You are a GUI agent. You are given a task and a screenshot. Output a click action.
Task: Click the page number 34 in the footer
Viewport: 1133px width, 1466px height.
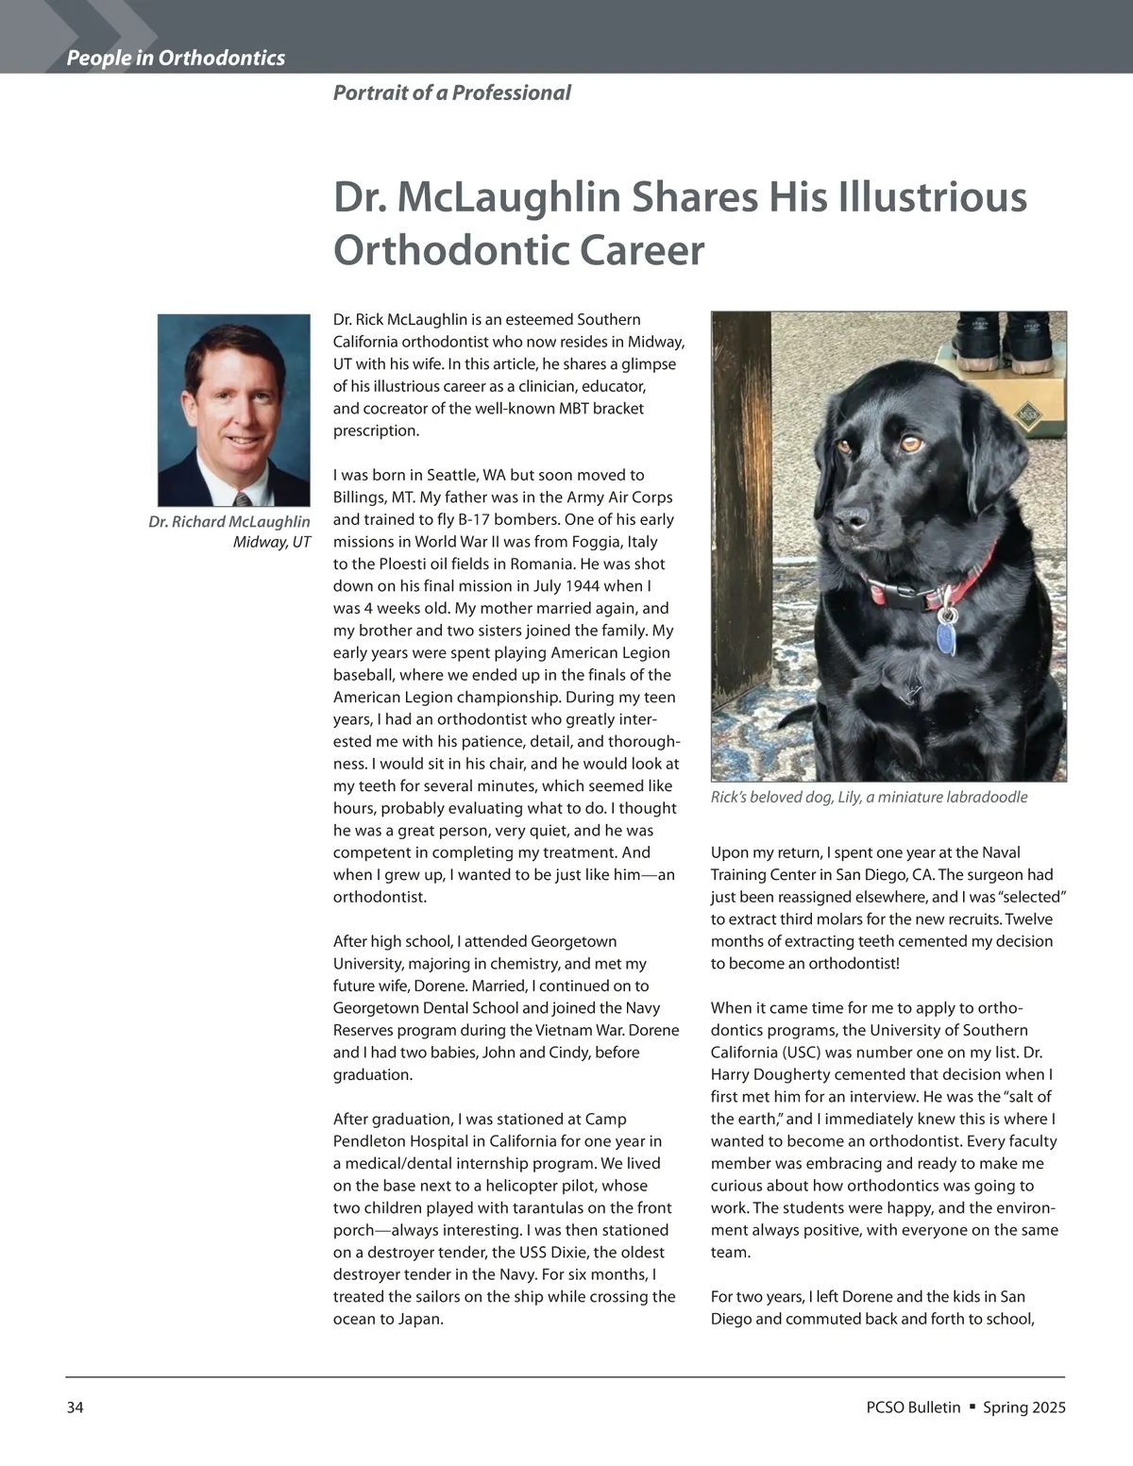(76, 1407)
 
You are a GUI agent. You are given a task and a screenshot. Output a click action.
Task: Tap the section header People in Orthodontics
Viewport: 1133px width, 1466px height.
(176, 59)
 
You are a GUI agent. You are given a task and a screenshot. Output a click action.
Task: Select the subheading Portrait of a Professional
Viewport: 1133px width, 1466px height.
(451, 93)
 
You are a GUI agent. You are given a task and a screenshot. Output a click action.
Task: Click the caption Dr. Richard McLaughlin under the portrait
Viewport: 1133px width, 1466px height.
(228, 522)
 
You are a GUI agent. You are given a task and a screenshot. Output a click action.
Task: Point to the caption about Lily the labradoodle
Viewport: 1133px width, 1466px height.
(869, 798)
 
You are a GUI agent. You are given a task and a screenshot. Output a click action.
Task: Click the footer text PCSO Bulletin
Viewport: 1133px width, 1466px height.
(912, 1407)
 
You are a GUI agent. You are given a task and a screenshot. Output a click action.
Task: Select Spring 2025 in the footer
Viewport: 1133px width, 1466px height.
(1024, 1407)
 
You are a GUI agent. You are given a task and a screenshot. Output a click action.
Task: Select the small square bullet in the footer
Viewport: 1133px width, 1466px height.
(972, 1407)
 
